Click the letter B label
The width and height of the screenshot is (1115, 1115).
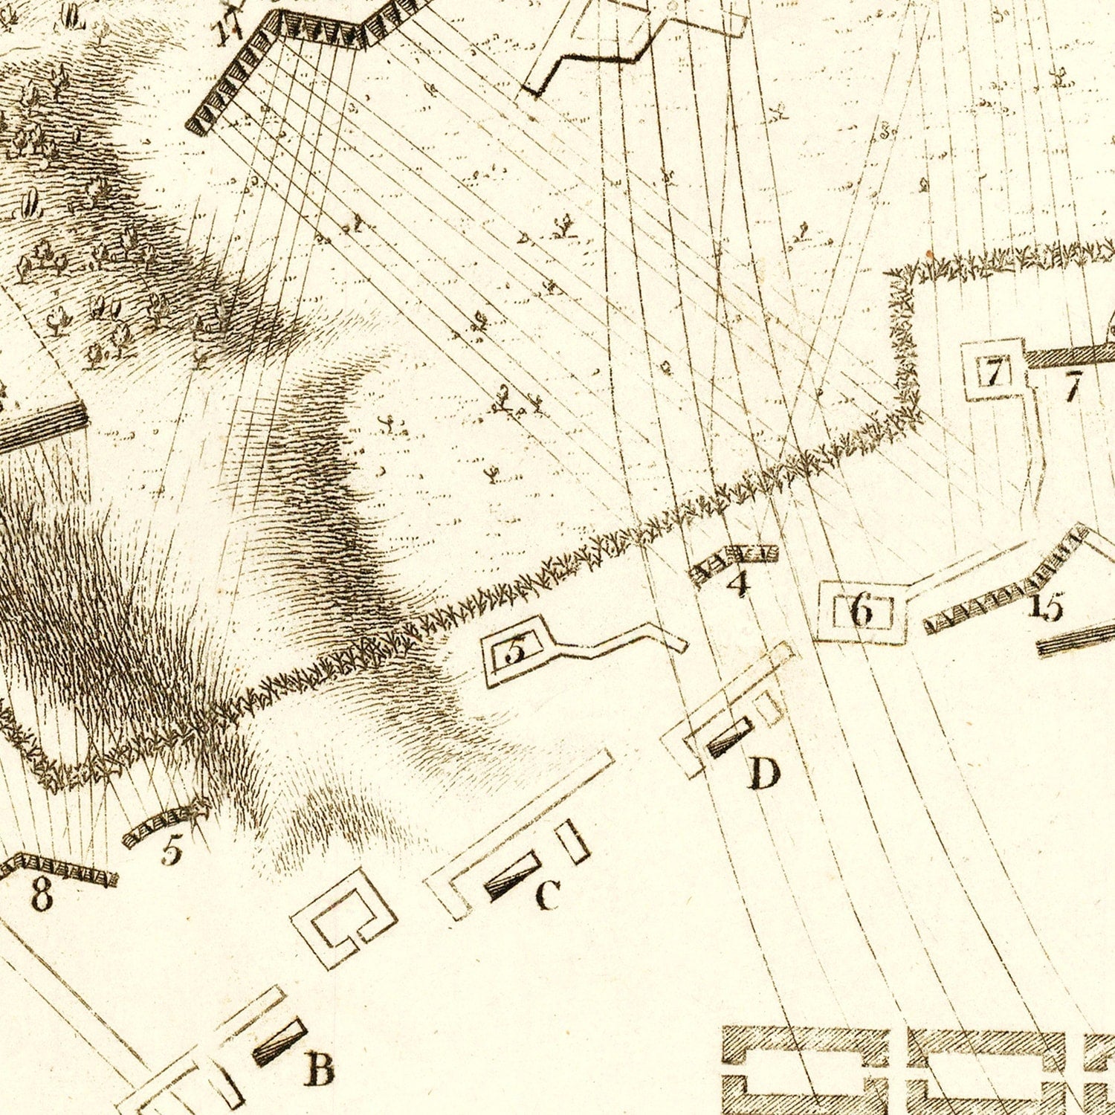coord(319,1070)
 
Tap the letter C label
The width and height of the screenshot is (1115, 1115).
coord(548,895)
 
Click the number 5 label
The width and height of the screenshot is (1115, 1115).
coord(171,850)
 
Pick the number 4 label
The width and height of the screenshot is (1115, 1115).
coord(738,584)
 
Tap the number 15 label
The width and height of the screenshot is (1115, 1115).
coord(1047,607)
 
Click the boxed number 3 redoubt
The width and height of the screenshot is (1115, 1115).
coord(514,651)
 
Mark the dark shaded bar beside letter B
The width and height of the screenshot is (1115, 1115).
coord(280,1041)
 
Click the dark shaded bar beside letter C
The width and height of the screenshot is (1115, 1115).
coord(513,876)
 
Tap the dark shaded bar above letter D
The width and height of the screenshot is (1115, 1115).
coord(729,738)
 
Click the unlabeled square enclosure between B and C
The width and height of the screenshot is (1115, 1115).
coord(343,919)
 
